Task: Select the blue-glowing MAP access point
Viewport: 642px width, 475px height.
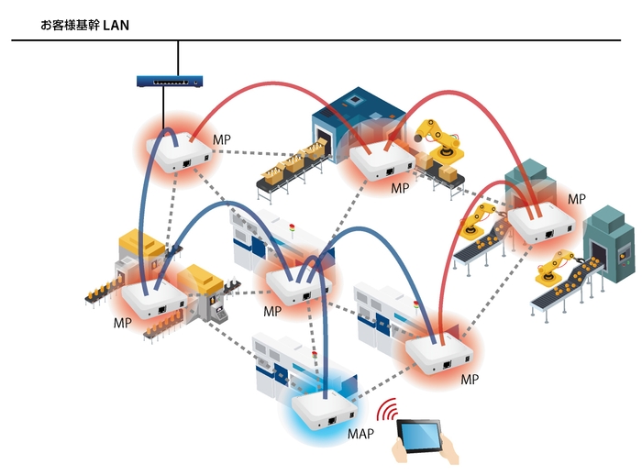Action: click(x=322, y=411)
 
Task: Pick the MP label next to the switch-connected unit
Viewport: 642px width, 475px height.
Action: click(x=222, y=139)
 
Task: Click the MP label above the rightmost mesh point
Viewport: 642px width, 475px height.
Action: click(x=576, y=199)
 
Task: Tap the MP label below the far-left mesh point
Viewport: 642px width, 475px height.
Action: click(x=123, y=324)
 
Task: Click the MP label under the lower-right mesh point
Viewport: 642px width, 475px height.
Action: click(x=470, y=379)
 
